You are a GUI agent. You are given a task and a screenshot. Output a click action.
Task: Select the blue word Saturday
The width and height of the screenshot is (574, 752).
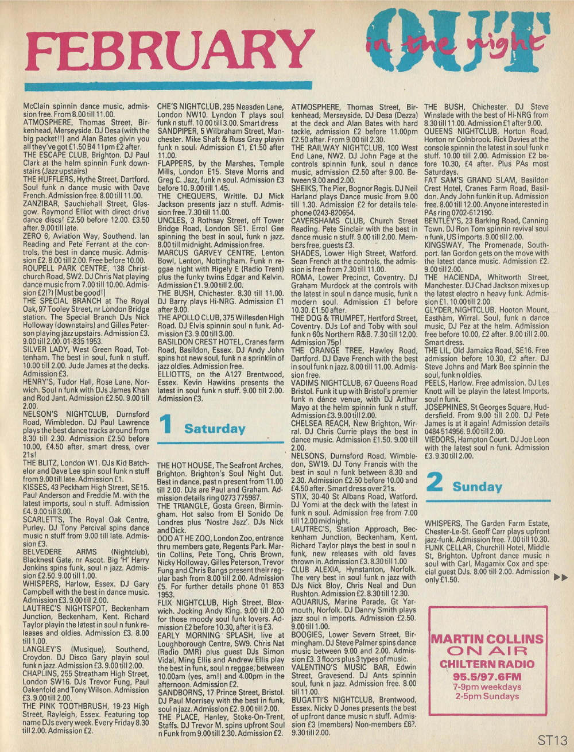215,429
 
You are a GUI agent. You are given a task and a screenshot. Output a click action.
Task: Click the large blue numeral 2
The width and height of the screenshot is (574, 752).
435,483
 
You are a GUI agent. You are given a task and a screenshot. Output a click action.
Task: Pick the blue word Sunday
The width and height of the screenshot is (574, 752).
477,487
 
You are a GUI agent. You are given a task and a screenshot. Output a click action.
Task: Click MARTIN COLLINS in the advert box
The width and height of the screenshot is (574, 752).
487,639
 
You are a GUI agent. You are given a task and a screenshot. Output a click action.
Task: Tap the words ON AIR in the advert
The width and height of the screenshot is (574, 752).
487,651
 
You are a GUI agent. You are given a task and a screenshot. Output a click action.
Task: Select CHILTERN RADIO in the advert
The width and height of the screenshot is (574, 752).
487,664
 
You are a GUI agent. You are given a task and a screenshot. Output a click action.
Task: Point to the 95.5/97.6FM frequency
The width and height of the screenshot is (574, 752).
487,677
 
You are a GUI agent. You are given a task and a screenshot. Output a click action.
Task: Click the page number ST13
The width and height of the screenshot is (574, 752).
552,740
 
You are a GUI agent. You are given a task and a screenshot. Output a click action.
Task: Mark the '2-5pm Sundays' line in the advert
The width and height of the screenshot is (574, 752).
487,696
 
